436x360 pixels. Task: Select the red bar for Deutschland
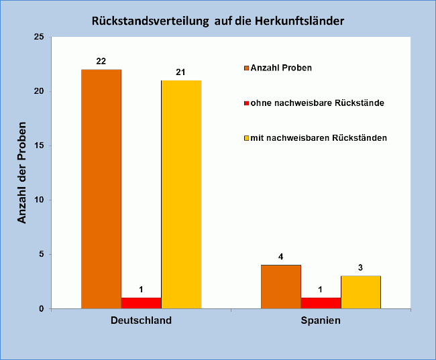click(x=141, y=303)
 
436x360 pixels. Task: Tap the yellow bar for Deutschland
click(x=181, y=194)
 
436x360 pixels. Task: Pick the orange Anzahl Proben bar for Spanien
click(x=281, y=287)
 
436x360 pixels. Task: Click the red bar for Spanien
click(x=321, y=303)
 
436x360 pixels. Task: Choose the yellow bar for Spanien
click(x=361, y=292)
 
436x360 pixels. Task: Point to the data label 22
click(x=101, y=61)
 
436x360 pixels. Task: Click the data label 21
click(x=181, y=72)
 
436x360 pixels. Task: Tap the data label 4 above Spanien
click(x=281, y=256)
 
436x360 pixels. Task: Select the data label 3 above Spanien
click(x=361, y=267)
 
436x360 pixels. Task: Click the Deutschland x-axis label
click(x=141, y=320)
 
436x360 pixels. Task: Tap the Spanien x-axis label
click(x=321, y=320)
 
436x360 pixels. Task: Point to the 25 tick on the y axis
click(x=38, y=37)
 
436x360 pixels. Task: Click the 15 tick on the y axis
click(x=38, y=145)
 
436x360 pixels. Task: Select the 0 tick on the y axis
click(x=41, y=309)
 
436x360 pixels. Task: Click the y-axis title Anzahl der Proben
click(x=22, y=173)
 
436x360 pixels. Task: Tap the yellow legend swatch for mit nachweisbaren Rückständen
click(x=246, y=138)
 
